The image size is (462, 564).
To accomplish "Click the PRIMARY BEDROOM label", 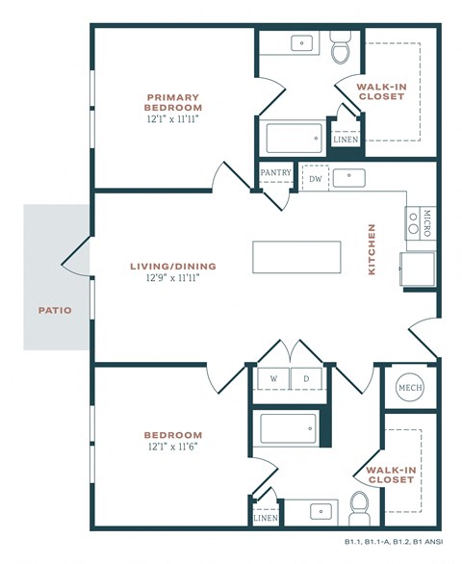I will [x=173, y=102].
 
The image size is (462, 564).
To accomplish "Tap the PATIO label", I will [x=55, y=310].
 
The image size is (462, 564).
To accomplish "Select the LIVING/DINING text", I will [x=174, y=267].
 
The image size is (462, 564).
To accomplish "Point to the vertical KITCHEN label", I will [x=372, y=250].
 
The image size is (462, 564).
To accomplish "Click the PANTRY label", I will [x=275, y=173].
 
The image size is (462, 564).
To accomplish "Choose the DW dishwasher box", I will [x=315, y=179].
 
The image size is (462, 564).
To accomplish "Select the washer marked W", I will [x=272, y=379].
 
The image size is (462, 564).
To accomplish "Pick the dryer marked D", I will [x=307, y=379].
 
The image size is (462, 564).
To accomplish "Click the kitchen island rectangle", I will [x=296, y=257].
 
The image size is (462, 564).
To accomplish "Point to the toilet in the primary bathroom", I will [x=341, y=49].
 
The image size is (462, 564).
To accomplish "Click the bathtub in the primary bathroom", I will [x=294, y=141].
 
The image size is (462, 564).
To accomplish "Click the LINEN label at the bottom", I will [x=265, y=518].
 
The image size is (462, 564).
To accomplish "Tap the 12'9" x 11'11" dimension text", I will [x=174, y=278].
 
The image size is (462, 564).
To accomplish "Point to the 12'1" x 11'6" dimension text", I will [x=173, y=447].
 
